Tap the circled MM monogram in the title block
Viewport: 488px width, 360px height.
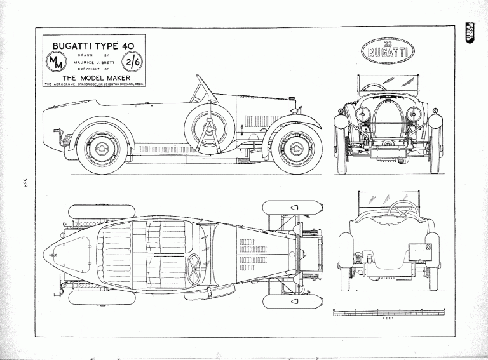pyautogui.click(x=53, y=62)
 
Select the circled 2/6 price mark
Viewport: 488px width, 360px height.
pyautogui.click(x=134, y=62)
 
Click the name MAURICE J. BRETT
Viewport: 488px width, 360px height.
pyautogui.click(x=93, y=62)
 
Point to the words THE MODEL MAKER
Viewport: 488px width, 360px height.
pyautogui.click(x=93, y=77)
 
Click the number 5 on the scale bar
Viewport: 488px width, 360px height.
pyautogui.click(x=444, y=309)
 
